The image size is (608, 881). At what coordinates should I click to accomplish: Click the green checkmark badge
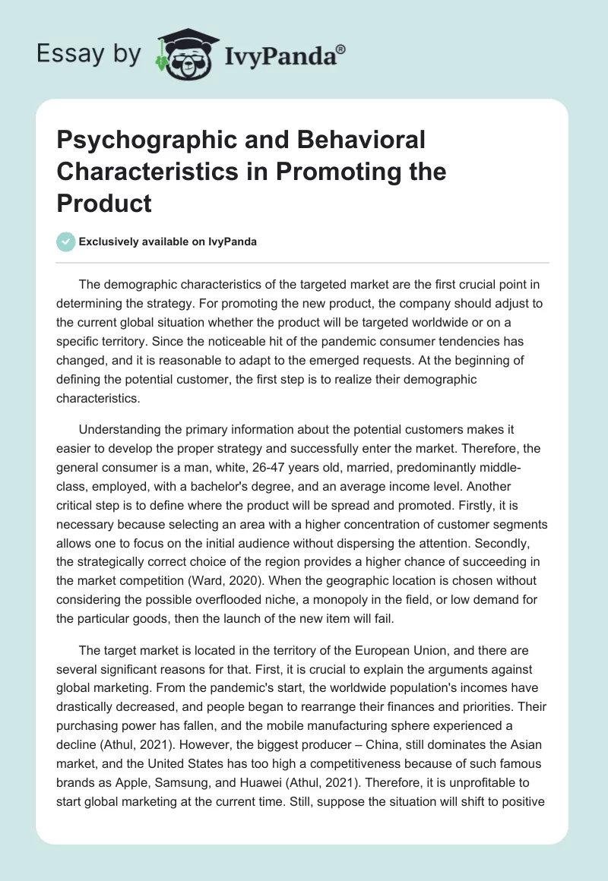point(66,242)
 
